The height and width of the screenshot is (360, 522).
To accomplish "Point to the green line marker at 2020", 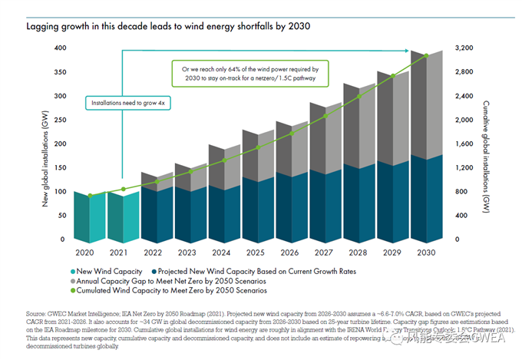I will [x=91, y=196].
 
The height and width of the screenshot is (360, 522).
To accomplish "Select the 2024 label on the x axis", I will [x=222, y=252].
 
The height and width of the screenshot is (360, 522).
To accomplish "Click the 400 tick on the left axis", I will [x=59, y=49].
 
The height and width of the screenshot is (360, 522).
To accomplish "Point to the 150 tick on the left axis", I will [x=59, y=169].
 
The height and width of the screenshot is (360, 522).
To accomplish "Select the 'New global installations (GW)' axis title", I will [x=35, y=144].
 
